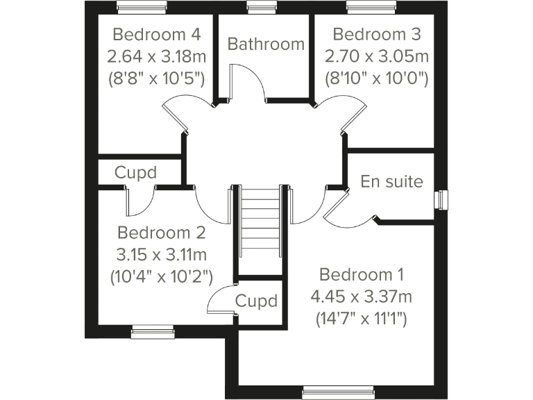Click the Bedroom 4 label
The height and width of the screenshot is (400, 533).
point(156,34)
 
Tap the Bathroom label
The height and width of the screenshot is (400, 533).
point(266,44)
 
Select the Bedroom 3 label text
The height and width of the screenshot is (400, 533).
point(377,34)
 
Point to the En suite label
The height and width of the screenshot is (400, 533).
point(391,182)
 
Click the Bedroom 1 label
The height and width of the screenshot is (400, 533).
point(362,274)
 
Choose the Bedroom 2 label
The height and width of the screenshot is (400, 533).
point(162,232)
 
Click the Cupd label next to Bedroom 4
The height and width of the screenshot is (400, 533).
point(135,172)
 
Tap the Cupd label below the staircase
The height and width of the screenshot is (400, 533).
point(256,301)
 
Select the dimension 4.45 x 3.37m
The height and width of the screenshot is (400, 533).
point(362,297)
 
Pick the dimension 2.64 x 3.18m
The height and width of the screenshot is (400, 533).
point(156,56)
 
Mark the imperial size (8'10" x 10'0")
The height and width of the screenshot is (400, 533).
point(377,77)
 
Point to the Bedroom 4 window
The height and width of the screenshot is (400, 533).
point(142,8)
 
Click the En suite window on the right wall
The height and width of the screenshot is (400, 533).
point(440,199)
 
